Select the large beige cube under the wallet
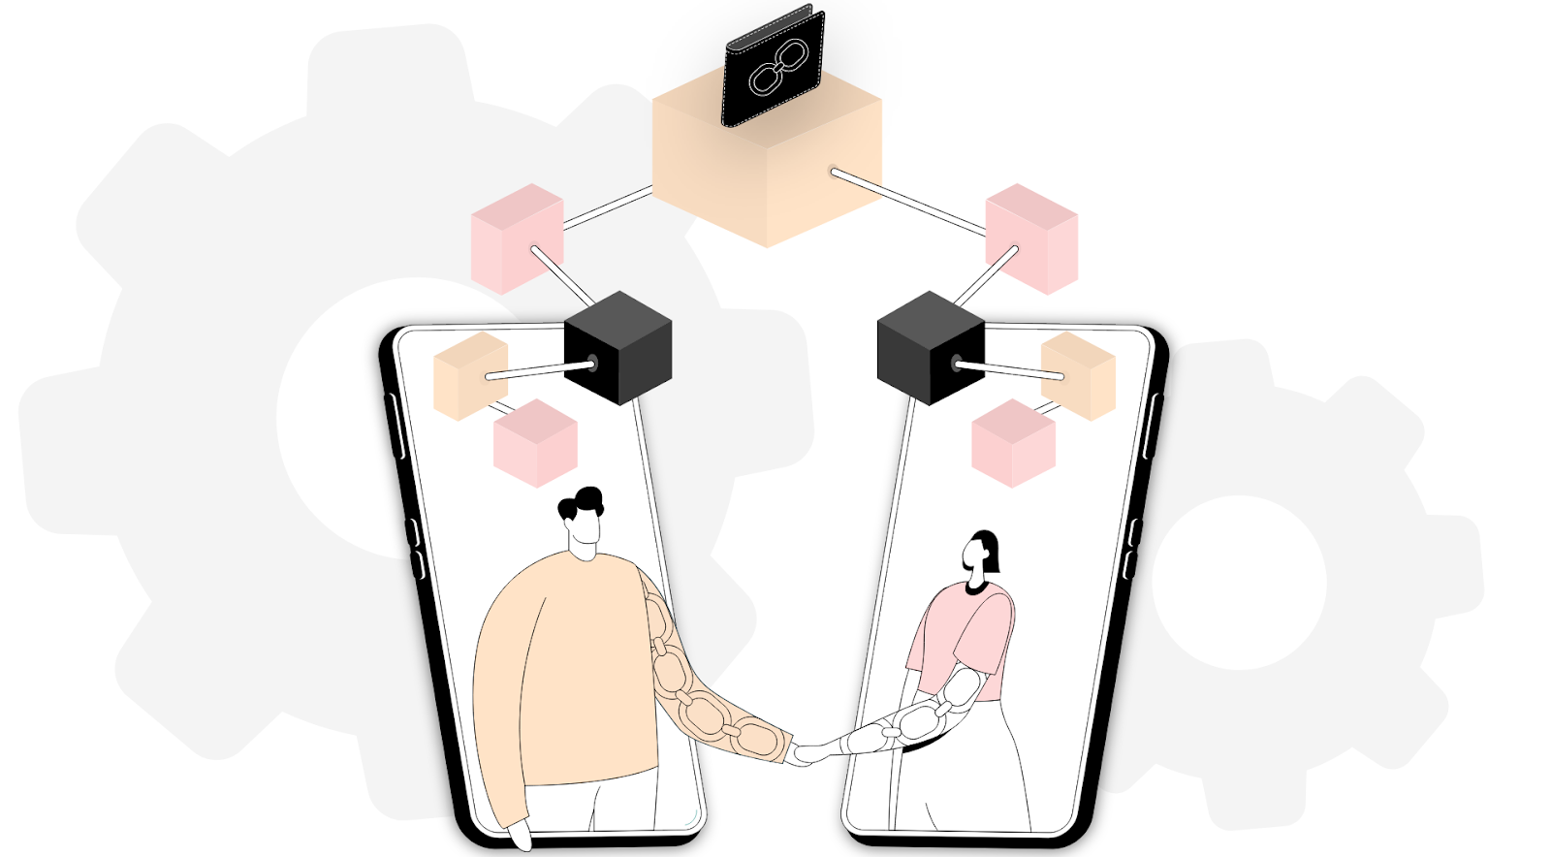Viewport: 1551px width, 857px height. (766, 179)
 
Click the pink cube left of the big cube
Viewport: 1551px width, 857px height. (516, 238)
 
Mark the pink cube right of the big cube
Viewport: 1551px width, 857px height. (1032, 238)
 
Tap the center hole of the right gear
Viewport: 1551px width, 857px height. (1238, 582)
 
